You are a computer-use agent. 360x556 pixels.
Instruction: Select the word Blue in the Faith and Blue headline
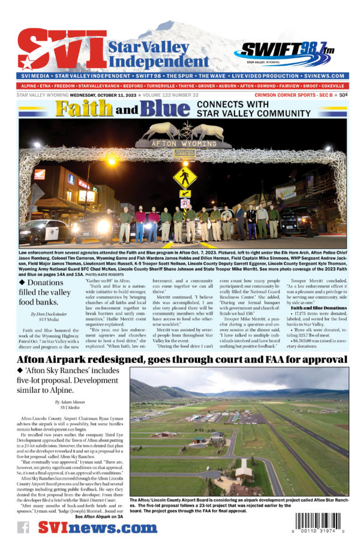pyautogui.click(x=157, y=109)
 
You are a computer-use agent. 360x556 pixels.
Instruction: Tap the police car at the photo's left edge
pyautogui.click(x=36, y=231)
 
